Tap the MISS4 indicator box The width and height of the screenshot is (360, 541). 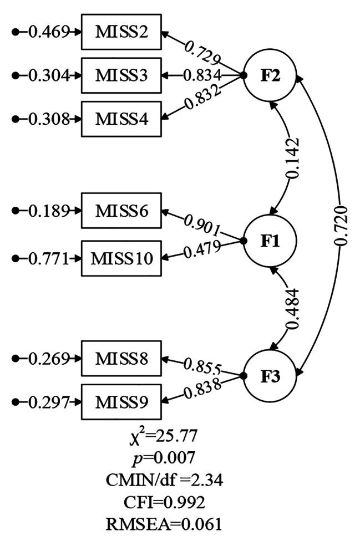coord(121,119)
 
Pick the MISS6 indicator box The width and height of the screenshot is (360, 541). coord(121,210)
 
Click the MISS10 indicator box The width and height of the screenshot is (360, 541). coord(121,258)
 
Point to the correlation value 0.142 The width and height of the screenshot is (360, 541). coord(293,158)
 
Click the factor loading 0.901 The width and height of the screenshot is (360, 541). coord(204,223)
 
